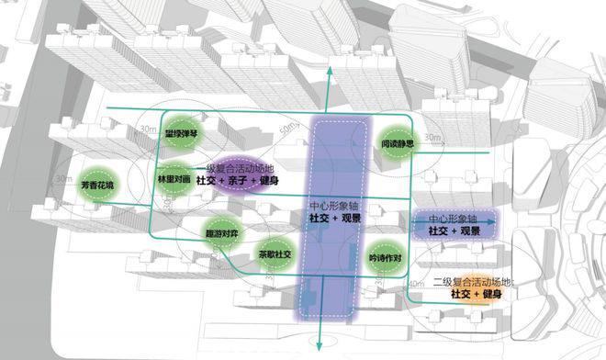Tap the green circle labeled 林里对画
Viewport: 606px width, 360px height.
coord(174,180)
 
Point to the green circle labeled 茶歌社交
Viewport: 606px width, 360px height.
coord(274,254)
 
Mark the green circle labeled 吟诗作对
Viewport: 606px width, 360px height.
coord(385,259)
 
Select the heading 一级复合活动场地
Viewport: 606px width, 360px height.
coord(237,170)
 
